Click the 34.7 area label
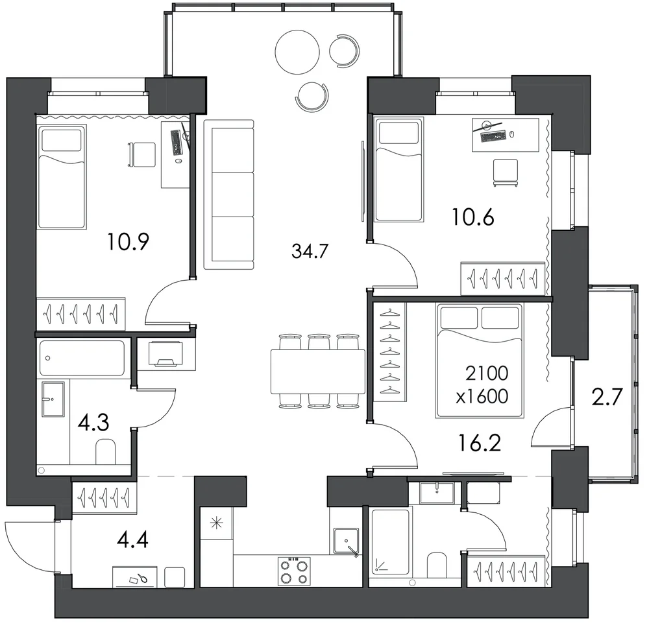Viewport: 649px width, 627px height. (x=310, y=251)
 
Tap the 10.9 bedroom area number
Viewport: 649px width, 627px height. (x=128, y=242)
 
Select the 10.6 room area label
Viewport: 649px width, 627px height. (x=473, y=217)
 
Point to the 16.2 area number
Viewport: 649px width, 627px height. (x=480, y=443)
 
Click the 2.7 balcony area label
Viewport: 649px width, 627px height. (x=607, y=397)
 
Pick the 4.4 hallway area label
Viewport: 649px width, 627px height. (x=132, y=539)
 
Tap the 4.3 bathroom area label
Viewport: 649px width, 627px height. (x=93, y=423)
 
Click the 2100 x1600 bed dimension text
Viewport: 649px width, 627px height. (x=482, y=384)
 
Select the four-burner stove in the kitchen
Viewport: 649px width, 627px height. (x=294, y=571)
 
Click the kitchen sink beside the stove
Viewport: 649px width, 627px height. (x=346, y=541)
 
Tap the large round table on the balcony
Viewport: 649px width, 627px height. (x=297, y=52)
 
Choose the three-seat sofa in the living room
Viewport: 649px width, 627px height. (x=229, y=195)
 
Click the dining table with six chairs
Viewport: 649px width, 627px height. (x=318, y=372)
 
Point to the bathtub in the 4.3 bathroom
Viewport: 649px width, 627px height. (x=82, y=358)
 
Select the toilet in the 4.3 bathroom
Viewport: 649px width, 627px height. (x=106, y=451)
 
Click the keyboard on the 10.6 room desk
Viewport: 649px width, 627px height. (x=493, y=136)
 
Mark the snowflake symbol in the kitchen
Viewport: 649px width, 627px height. (x=217, y=524)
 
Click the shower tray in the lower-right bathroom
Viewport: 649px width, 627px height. (x=390, y=542)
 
